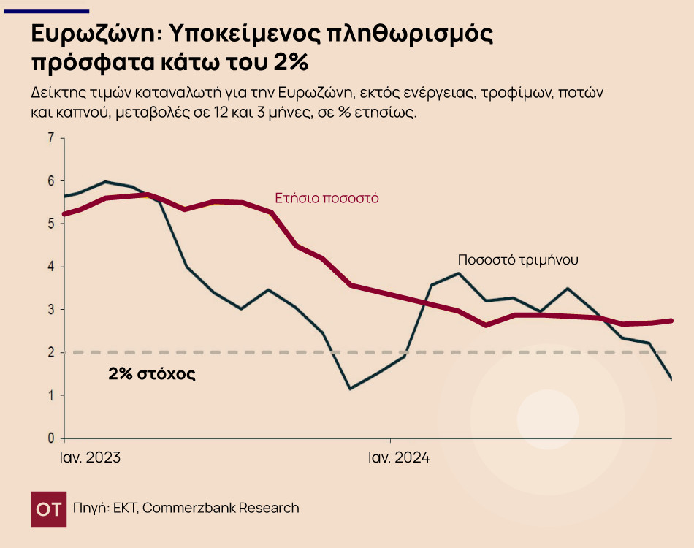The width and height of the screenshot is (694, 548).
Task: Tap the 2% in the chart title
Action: point(291,63)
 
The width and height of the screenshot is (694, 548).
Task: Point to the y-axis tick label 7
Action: point(51,138)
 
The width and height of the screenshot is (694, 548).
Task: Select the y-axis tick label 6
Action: point(51,181)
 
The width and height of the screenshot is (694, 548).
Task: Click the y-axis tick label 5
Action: point(51,224)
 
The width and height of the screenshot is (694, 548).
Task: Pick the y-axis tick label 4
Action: point(51,267)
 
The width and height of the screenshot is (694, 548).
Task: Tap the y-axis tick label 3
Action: point(51,310)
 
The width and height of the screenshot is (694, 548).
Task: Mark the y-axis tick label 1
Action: point(51,396)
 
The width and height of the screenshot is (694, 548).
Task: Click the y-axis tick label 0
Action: point(51,438)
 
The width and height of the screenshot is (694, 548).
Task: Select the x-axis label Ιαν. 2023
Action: point(90,458)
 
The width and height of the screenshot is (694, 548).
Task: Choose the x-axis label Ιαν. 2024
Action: point(398,458)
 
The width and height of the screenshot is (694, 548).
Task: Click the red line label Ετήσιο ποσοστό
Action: point(327,198)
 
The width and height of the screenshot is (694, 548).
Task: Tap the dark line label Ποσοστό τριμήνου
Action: point(519,259)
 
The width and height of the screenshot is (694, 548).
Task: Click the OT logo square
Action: point(48,509)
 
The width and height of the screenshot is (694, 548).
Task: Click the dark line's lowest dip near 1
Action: point(350,388)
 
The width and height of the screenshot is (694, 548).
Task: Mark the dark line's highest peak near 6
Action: point(106,182)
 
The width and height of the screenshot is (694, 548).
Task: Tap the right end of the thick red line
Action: point(671,321)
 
